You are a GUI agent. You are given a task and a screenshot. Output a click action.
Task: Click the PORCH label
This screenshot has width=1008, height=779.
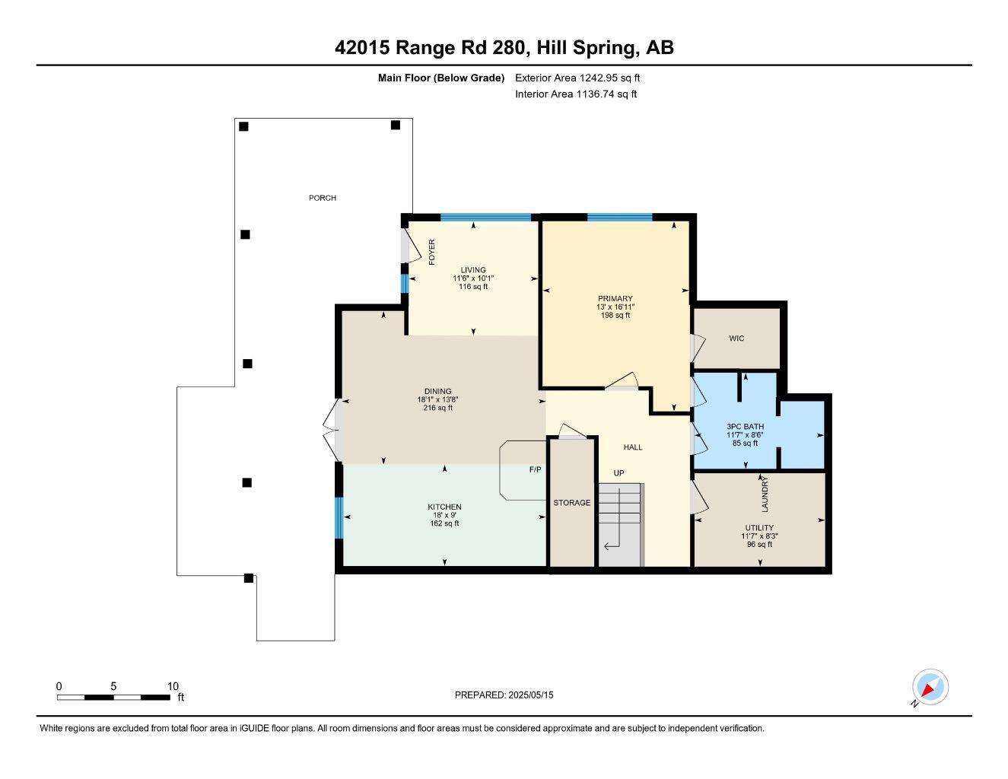[x=322, y=198]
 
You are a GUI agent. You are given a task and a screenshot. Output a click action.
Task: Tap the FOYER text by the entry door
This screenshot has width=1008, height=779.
[x=432, y=252]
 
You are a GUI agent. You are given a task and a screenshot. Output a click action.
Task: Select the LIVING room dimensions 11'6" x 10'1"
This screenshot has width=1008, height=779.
[x=473, y=278]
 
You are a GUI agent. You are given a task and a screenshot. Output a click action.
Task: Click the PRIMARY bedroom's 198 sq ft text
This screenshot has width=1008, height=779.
[x=615, y=315]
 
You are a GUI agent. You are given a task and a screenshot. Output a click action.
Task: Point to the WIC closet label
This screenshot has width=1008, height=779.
[x=736, y=339]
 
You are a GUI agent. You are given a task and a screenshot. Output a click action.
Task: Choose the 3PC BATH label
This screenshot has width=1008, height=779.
[x=745, y=427]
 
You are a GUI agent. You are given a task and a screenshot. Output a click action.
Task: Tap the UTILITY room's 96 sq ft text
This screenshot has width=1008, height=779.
[x=759, y=544]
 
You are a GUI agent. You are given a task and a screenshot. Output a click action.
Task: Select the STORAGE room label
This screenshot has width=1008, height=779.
[x=571, y=503]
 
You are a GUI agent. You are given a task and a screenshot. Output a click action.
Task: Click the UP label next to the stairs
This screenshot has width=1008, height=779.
[x=619, y=473]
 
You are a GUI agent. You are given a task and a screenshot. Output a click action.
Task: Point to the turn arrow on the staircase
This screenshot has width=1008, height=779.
[x=612, y=545]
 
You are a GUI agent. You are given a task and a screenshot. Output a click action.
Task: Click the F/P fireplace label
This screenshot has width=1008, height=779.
[x=536, y=469]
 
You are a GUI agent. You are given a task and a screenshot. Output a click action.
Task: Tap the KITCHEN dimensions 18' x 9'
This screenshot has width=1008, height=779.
[x=444, y=515]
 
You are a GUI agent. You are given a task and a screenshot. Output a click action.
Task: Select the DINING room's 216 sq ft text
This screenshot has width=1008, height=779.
[x=437, y=408]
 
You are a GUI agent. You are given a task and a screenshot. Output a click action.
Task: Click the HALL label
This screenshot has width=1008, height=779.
[x=633, y=447]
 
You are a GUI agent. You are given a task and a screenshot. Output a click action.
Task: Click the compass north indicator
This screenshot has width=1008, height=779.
[x=929, y=688]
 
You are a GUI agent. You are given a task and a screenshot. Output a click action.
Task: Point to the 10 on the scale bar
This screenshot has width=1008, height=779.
[x=173, y=686]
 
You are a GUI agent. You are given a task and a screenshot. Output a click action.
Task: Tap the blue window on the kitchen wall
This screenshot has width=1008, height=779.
[x=339, y=517]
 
